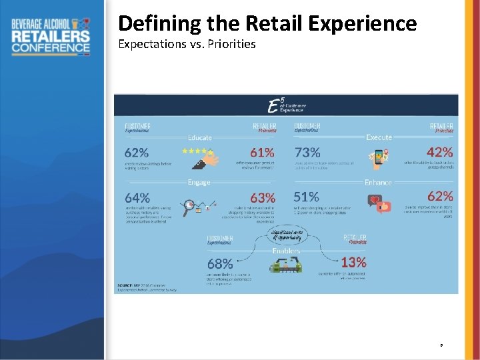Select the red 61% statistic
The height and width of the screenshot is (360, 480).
(x=262, y=153)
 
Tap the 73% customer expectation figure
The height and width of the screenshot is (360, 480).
(x=307, y=153)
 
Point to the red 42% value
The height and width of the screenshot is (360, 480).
(x=439, y=152)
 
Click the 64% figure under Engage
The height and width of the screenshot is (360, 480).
(x=137, y=198)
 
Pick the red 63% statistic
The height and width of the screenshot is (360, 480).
(x=262, y=198)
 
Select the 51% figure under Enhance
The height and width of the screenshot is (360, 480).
(x=306, y=197)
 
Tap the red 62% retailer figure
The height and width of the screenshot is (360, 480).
(x=439, y=196)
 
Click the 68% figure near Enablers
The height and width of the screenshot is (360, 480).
(x=220, y=264)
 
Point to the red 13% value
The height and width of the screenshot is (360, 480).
(x=353, y=263)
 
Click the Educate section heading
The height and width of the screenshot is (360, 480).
(x=200, y=138)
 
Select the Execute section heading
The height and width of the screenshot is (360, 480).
(x=379, y=137)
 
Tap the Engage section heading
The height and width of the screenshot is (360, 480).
(x=199, y=182)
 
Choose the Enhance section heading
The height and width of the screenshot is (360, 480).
(x=378, y=182)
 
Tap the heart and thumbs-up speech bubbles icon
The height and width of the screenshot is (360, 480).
(x=379, y=203)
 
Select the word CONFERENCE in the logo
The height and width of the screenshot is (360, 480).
(x=51, y=47)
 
